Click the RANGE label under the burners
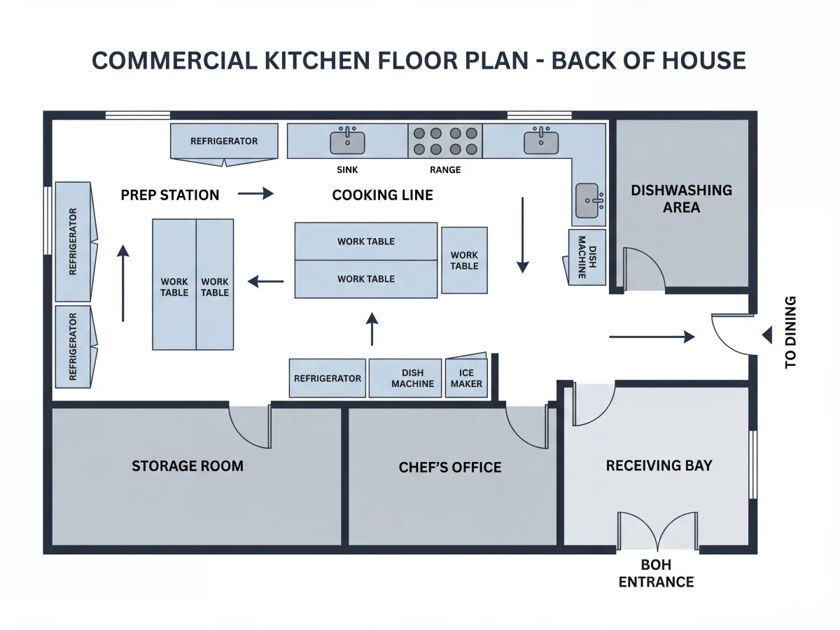click(x=445, y=170)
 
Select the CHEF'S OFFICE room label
click(x=450, y=467)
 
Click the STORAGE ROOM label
click(x=188, y=466)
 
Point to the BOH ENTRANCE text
click(x=657, y=573)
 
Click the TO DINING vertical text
click(x=790, y=332)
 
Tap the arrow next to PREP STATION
click(x=255, y=194)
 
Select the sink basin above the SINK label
click(x=347, y=141)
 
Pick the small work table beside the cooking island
click(x=464, y=260)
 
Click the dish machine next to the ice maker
click(x=405, y=378)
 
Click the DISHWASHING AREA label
click(x=681, y=199)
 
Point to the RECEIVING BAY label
click(x=659, y=465)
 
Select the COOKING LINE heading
click(x=383, y=195)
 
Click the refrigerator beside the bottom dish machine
click(x=327, y=378)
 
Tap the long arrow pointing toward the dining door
click(x=652, y=337)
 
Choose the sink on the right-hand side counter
click(x=589, y=201)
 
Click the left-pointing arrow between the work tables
click(x=265, y=281)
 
